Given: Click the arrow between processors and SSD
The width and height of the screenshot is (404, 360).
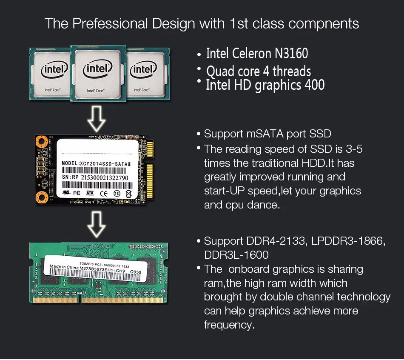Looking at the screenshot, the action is [x=96, y=119].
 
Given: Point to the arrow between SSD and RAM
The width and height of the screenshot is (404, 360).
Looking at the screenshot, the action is [x=96, y=225].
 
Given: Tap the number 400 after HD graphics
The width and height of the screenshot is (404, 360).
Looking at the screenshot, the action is [x=314, y=85].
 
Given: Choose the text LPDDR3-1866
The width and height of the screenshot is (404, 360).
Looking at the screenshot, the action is [x=348, y=241].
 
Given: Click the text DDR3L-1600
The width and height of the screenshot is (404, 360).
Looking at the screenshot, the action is [x=236, y=255].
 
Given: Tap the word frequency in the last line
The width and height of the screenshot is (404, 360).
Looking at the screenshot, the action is [x=229, y=325].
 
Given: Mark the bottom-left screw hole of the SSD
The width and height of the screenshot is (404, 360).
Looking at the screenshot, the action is [x=42, y=196].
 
